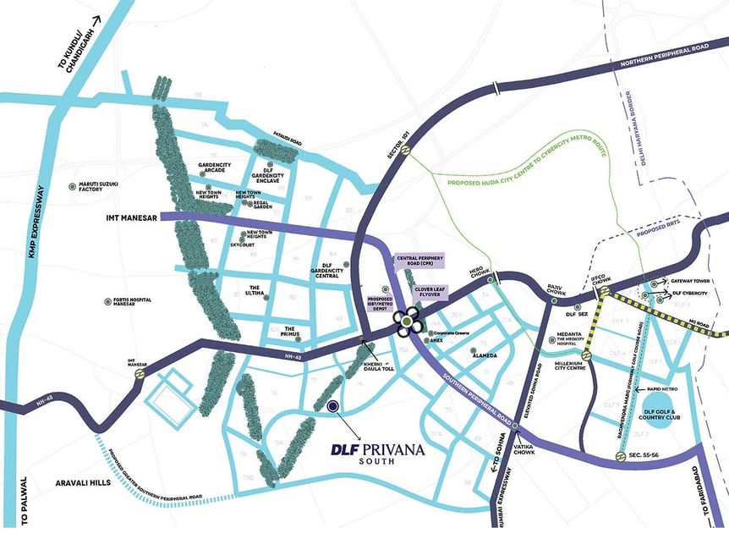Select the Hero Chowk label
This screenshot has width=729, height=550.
480,277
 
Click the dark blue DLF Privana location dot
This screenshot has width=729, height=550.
333,406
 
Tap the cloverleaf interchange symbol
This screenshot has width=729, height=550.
409,322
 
